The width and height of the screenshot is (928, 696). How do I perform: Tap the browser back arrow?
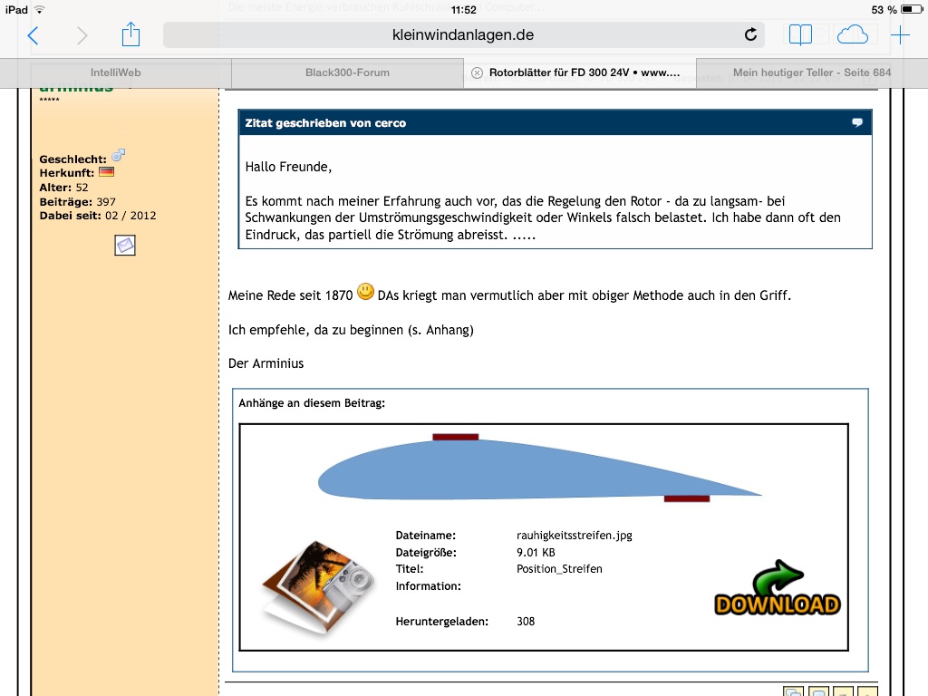click(x=34, y=35)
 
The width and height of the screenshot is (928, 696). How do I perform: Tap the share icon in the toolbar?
click(x=130, y=34)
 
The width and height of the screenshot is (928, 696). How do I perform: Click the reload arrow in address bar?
click(x=750, y=34)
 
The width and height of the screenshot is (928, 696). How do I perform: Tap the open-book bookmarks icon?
click(x=800, y=34)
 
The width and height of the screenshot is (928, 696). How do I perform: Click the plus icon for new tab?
click(x=900, y=35)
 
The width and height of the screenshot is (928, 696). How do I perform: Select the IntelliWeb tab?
click(x=115, y=72)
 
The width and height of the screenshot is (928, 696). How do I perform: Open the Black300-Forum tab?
click(x=347, y=72)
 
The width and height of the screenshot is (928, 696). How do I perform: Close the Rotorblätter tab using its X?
click(x=478, y=72)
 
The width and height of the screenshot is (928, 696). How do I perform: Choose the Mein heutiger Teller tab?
click(x=811, y=72)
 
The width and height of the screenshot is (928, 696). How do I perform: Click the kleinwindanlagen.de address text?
click(x=463, y=34)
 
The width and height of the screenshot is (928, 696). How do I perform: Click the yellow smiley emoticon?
click(x=365, y=292)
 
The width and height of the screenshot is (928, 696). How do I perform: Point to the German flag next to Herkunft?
click(x=106, y=172)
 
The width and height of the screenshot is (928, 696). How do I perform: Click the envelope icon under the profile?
click(x=125, y=245)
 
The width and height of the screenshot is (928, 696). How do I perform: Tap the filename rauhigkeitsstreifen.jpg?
click(x=574, y=536)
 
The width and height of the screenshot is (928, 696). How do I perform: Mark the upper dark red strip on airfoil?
click(x=455, y=437)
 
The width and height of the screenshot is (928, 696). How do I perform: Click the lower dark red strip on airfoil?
click(x=686, y=498)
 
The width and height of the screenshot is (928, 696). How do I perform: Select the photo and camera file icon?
click(x=316, y=587)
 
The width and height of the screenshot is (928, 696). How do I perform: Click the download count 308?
click(x=526, y=622)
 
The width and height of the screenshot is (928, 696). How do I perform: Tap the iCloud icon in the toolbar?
click(x=852, y=34)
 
